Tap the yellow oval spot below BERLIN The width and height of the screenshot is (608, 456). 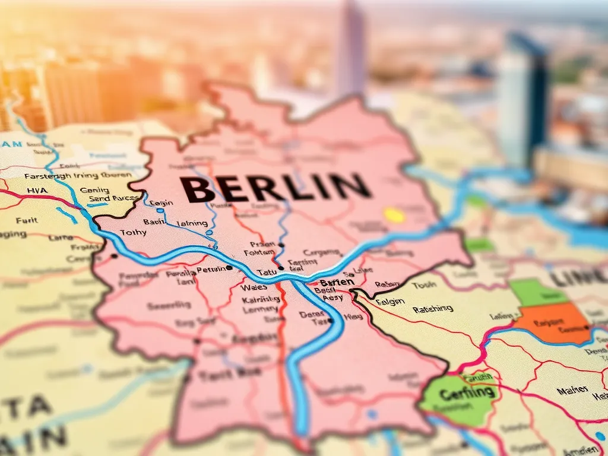tap(394, 215)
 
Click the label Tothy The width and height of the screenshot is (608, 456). tap(132, 232)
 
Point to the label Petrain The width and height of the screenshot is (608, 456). tap(211, 270)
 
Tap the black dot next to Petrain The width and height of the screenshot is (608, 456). tap(229, 268)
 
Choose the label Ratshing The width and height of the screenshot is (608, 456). tap(432, 309)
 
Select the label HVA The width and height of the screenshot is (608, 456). tap(37, 191)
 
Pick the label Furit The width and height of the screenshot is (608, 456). tap(27, 220)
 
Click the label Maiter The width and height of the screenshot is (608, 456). tap(572, 389)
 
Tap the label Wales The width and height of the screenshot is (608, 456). tap(255, 287)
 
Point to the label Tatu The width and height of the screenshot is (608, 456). tap(267, 272)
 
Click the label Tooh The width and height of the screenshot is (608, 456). tap(424, 284)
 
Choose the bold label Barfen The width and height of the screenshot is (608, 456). tap(336, 283)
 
